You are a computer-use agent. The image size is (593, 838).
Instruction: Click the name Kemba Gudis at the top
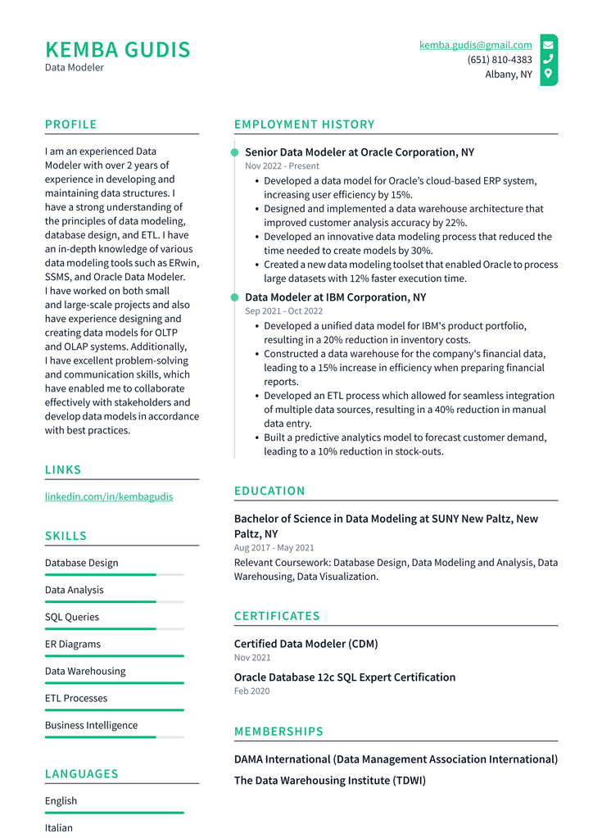point(117,49)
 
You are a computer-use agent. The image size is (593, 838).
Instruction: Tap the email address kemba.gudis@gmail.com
point(475,45)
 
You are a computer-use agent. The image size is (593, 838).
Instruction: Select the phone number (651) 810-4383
point(499,60)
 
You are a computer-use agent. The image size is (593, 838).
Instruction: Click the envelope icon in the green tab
point(548,45)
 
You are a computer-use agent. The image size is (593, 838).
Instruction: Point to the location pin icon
point(548,74)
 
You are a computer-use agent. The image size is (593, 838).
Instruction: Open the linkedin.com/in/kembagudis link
point(109,496)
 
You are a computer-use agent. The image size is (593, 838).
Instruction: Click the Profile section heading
point(70,125)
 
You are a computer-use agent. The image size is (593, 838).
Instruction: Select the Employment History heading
point(304,125)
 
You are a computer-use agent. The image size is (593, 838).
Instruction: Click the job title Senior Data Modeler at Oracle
point(359,152)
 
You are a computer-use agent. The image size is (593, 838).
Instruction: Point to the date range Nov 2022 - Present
point(282,166)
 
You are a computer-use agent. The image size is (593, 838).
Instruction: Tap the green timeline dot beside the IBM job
point(235,297)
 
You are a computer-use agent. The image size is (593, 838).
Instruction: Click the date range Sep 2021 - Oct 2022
point(283,311)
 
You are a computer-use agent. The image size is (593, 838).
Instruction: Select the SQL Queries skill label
point(72,617)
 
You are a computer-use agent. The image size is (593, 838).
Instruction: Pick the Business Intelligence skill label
point(91,725)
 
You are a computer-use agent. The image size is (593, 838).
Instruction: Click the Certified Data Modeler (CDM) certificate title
point(306,644)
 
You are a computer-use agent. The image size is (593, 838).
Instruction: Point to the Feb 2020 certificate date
point(251,691)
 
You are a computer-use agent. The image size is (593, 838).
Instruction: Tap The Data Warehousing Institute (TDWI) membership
point(329,781)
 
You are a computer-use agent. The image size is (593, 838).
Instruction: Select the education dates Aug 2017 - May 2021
point(274,547)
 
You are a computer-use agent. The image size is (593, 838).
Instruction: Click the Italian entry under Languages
point(59,827)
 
